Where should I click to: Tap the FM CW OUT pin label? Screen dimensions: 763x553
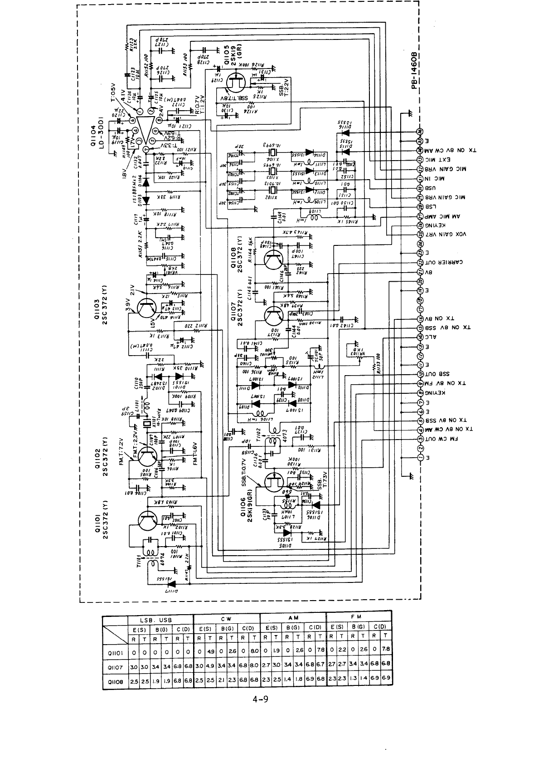[x=441, y=439]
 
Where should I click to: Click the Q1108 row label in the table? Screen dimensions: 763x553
[x=114, y=681]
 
